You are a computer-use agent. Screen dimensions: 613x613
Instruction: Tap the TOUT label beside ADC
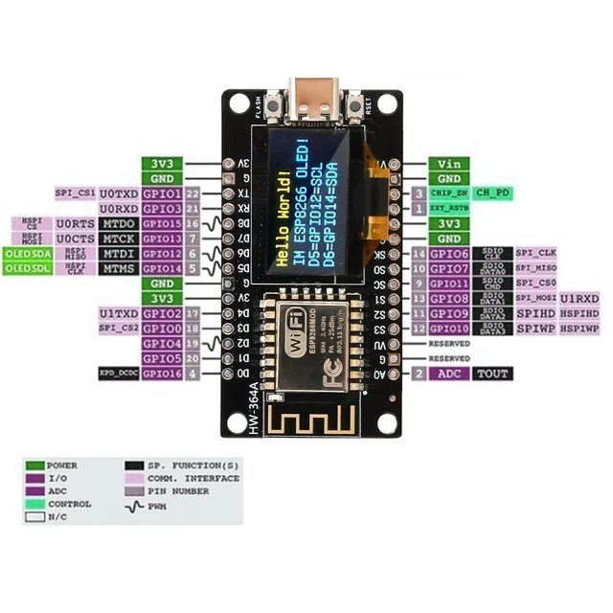tap(492, 374)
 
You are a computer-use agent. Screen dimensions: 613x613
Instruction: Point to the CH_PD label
tap(493, 193)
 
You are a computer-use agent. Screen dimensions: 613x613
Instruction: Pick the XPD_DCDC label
tap(118, 373)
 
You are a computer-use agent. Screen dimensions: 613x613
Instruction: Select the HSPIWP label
tap(579, 329)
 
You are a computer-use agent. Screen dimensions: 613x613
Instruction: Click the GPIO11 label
tap(449, 284)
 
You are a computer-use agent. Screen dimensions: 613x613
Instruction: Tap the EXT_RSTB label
tap(449, 207)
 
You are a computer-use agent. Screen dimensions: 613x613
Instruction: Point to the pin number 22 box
tap(193, 193)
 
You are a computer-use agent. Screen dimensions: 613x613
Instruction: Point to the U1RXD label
tap(579, 299)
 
